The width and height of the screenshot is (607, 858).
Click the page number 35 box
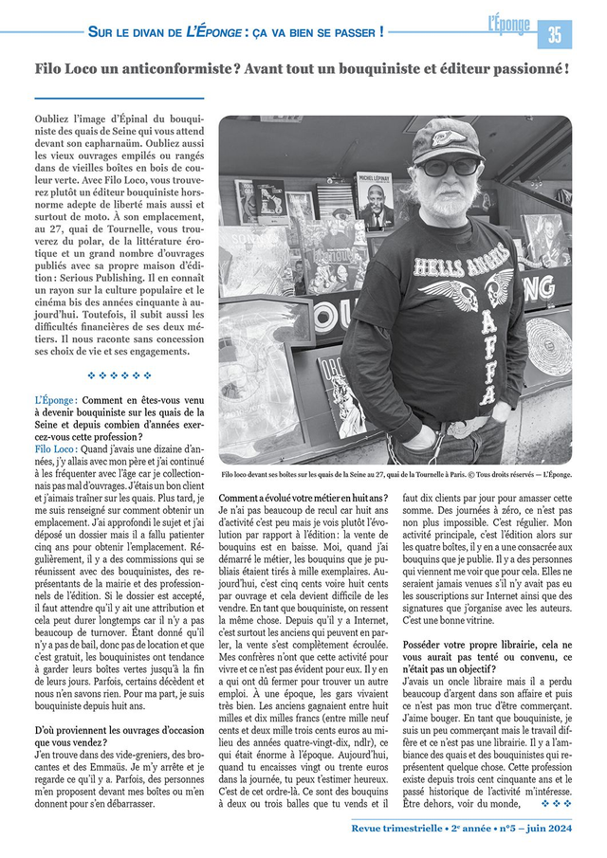pos(554,35)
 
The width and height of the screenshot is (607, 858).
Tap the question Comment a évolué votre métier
pos(303,498)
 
